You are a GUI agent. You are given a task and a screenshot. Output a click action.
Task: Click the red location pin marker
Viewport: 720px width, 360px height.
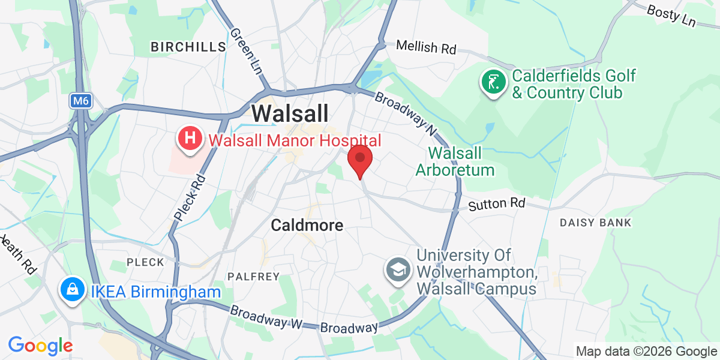[360, 159]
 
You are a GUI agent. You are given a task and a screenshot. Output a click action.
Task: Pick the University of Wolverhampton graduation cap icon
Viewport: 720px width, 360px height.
[397, 269]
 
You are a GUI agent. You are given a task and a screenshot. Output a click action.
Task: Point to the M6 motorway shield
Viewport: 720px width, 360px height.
[79, 101]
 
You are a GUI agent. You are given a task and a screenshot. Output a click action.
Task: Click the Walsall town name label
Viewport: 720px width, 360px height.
[290, 113]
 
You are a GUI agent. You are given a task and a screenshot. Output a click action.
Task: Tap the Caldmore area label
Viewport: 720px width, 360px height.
[307, 226]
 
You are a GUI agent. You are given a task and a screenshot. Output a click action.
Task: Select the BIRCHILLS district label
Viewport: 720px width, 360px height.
[188, 47]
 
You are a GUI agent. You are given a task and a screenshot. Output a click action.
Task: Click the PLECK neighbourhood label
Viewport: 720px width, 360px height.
[145, 262]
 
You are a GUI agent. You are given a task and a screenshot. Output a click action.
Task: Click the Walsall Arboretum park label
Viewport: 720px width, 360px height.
[455, 161]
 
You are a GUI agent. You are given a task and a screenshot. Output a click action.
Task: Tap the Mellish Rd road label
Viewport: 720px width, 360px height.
[426, 48]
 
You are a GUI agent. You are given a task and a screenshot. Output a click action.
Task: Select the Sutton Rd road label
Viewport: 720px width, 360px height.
[496, 204]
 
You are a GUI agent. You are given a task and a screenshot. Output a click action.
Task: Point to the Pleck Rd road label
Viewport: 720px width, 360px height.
[190, 198]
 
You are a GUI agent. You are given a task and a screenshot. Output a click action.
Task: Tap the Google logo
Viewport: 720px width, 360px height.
[40, 346]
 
